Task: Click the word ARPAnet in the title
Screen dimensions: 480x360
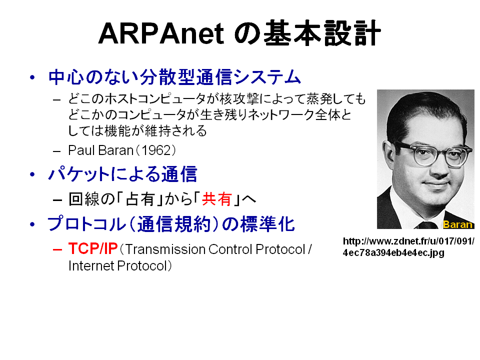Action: [x=161, y=33]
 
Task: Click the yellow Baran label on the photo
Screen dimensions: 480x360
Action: [x=457, y=224]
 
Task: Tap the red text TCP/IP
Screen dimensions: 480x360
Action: [x=93, y=248]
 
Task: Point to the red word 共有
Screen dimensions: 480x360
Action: [x=216, y=199]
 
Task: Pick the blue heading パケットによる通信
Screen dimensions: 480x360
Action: [x=122, y=174]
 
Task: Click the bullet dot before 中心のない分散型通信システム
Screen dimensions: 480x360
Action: [x=32, y=77]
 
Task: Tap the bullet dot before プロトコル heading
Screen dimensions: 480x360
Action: [x=32, y=224]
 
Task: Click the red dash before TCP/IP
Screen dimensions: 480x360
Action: [x=57, y=249]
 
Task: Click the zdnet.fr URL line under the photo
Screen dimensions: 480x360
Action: [x=408, y=241]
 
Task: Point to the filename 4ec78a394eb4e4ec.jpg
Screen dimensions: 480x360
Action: [x=393, y=252]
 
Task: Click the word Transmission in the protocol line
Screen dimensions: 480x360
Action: [x=165, y=249]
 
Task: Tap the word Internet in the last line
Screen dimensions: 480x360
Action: [x=91, y=265]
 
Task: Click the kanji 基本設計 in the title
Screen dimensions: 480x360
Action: [x=322, y=33]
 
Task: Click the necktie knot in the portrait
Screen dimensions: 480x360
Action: [x=428, y=225]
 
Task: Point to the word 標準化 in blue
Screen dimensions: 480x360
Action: [x=267, y=224]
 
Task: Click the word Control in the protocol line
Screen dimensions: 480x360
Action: [x=230, y=249]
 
